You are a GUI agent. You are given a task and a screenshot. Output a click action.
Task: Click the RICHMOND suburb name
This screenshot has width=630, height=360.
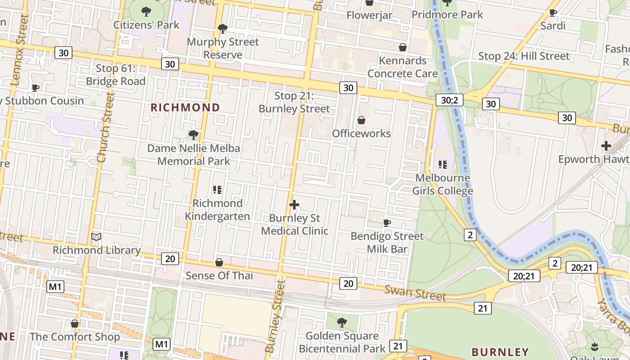[185, 108]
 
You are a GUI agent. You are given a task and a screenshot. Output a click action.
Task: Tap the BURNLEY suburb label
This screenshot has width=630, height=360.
[500, 351]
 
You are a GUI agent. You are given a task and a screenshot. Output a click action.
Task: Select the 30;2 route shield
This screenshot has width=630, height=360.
[449, 100]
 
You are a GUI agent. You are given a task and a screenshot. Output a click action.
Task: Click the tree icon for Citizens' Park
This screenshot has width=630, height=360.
[146, 11]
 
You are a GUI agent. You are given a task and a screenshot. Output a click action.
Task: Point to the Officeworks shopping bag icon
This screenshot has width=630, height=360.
[361, 120]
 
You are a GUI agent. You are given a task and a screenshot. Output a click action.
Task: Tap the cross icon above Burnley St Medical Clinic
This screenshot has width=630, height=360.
[294, 205]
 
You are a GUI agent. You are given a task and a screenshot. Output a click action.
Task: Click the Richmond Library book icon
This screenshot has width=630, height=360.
[96, 237]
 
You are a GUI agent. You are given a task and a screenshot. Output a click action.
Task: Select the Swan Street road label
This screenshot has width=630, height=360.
[414, 293]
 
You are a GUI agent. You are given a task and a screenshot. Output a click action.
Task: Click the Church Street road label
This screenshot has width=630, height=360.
[104, 127]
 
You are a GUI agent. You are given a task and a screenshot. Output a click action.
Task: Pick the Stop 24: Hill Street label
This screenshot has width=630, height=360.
[524, 56]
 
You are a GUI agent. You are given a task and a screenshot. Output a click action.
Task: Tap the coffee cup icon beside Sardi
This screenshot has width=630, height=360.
[553, 13]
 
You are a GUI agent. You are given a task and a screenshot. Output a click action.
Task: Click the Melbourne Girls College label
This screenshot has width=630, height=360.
[442, 184]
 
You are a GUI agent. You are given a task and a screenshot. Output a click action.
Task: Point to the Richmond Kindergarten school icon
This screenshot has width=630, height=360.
[217, 190]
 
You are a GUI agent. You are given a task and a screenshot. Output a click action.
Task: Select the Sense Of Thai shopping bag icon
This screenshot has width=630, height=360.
[219, 262]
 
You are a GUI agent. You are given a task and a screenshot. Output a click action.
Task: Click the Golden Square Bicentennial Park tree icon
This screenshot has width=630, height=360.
[342, 322]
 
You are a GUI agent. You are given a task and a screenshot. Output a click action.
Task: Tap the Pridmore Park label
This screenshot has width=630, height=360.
[447, 14]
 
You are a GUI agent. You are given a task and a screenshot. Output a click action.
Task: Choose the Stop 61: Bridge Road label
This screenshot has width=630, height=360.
[116, 75]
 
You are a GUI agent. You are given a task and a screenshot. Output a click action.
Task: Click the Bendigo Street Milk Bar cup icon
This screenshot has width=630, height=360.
[387, 223]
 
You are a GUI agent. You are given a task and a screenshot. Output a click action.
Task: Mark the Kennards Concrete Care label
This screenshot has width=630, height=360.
[403, 67]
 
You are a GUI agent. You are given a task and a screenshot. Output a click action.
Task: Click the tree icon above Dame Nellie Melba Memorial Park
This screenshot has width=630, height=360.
[193, 135]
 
